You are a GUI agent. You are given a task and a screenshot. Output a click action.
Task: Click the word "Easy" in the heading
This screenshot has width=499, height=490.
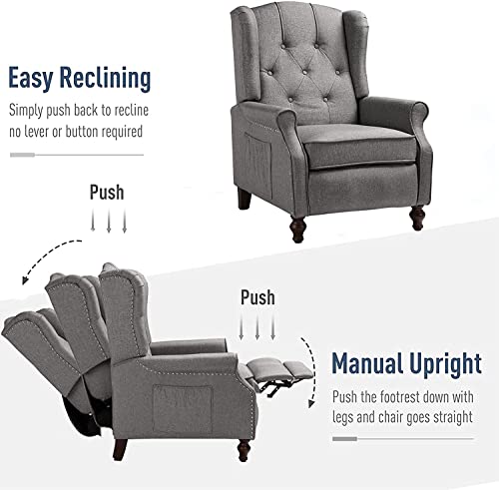pos(30,78)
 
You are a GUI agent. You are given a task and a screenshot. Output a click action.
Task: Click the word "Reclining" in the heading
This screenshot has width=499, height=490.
pos(105,78)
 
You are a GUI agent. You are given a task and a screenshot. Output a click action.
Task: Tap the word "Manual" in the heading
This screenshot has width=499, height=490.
pos(367,363)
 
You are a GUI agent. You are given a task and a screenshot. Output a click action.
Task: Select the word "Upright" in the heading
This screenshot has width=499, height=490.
pos(445,364)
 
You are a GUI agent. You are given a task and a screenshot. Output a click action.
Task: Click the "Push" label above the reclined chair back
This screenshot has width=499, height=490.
pos(107,193)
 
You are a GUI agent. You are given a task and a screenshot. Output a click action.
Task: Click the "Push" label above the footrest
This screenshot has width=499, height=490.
pos(257,297)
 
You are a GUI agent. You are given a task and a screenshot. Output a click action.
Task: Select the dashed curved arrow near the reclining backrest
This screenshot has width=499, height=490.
pos(43,256)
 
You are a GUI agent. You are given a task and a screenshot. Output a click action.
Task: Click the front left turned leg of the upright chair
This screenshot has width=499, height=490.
pos(297,229)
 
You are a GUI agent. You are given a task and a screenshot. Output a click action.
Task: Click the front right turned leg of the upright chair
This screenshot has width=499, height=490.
pos(417,218)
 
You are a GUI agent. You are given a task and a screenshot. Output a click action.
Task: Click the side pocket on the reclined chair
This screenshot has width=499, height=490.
pos(183,409)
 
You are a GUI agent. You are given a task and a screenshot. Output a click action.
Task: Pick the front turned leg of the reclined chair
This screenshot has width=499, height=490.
pos(244,450)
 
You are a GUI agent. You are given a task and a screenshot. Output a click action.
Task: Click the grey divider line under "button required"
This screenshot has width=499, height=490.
pos(77,155)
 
